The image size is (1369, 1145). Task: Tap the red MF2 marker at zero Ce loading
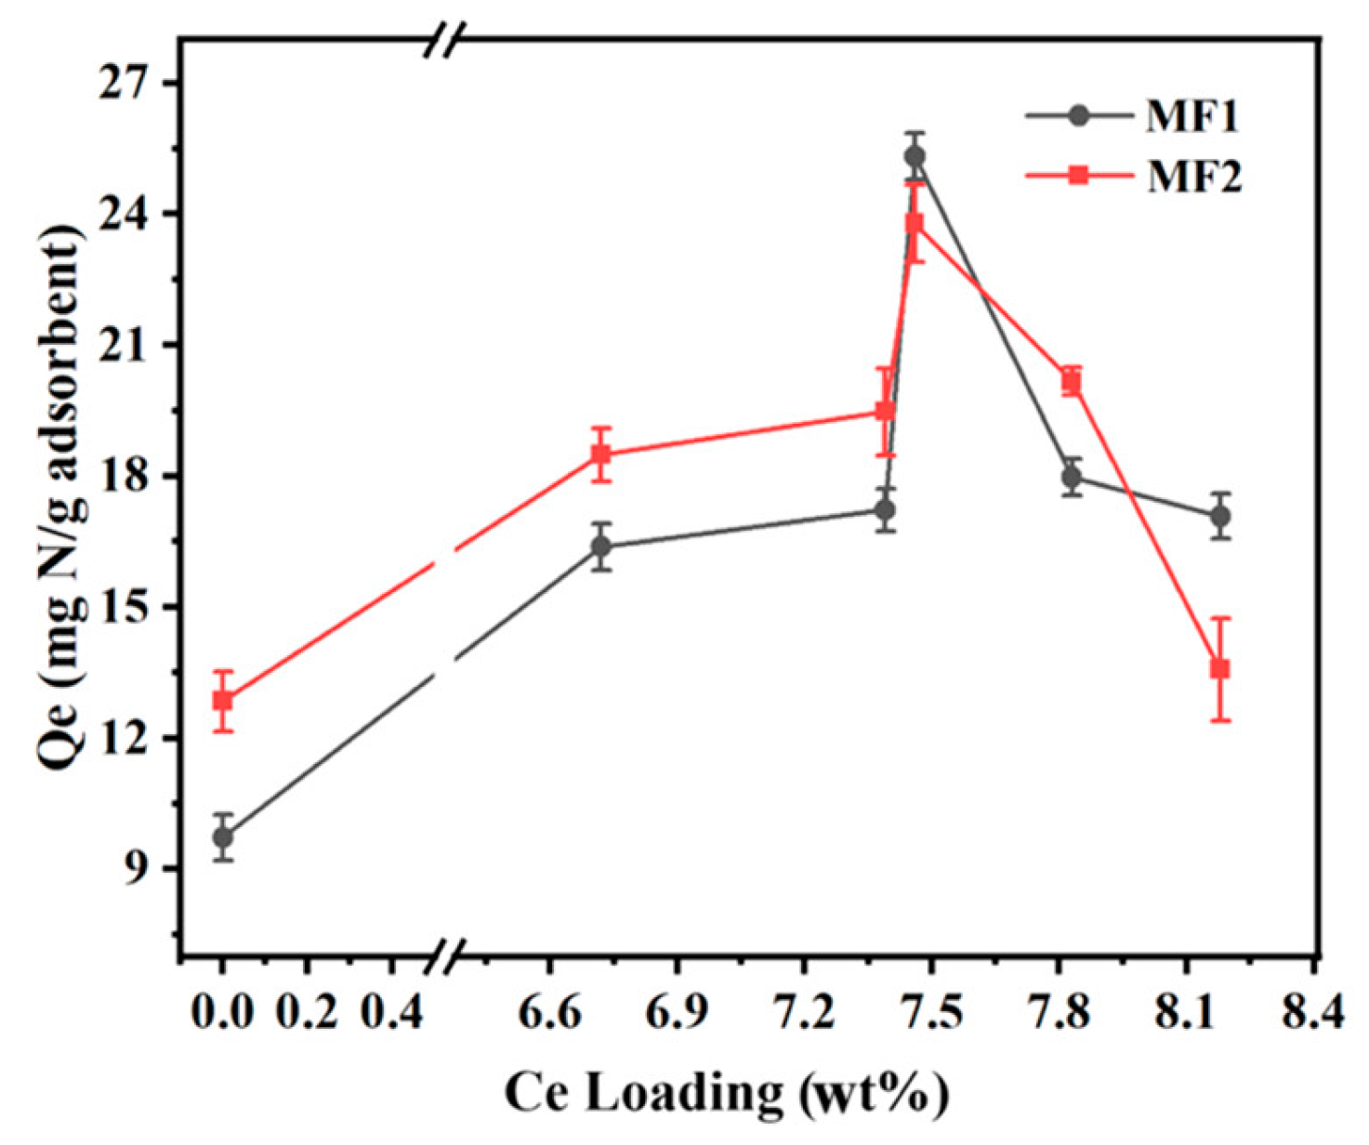point(222,700)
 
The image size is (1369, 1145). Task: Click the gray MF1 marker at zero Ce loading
point(222,837)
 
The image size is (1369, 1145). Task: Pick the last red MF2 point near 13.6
point(1220,668)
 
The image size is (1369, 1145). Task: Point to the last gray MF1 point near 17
point(1220,516)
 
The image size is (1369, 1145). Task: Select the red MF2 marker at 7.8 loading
point(1072,382)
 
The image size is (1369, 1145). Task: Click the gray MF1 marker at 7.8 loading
point(1072,478)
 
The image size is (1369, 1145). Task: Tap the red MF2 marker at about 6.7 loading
point(601,454)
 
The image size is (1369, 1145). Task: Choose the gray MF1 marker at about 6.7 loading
point(601,546)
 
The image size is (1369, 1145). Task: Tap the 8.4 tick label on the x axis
point(1312,1010)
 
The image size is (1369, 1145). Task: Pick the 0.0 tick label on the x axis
point(222,1010)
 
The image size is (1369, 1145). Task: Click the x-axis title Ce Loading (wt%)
point(726,1092)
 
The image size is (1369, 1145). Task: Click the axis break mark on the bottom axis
point(445,955)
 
